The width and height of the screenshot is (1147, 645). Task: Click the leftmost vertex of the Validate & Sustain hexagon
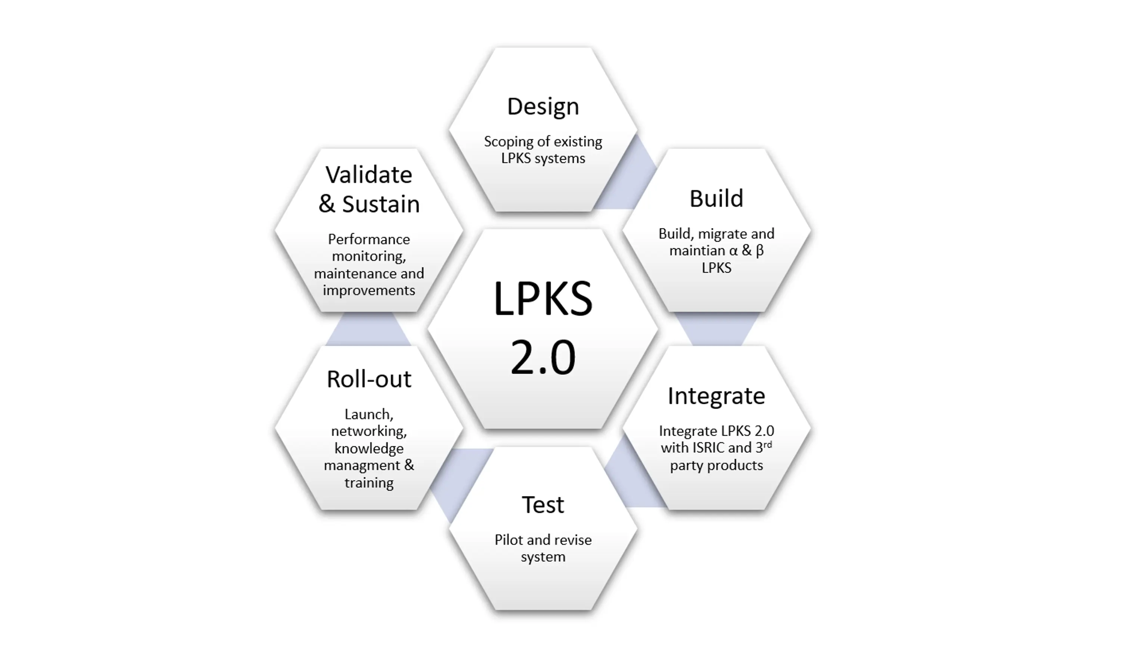pos(275,230)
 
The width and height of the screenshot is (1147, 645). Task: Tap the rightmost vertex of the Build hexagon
pos(811,230)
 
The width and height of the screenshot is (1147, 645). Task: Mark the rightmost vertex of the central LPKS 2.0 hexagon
pos(658,329)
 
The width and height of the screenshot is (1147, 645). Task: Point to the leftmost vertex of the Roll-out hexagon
pos(275,428)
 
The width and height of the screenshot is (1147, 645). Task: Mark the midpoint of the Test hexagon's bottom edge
pos(543,610)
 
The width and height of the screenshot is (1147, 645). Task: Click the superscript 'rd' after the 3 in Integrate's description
pos(768,444)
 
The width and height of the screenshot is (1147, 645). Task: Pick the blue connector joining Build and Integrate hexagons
pos(717,329)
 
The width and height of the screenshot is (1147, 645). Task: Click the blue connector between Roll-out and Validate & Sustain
pos(369,329)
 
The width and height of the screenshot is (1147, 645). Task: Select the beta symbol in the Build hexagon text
pos(759,250)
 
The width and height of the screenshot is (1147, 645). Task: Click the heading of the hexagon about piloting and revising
pos(543,505)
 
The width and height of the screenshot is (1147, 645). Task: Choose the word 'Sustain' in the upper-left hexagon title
pos(381,204)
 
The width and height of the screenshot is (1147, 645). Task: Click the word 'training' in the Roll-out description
pos(369,483)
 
